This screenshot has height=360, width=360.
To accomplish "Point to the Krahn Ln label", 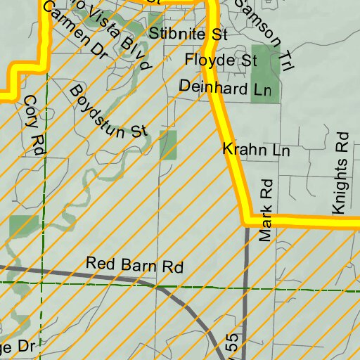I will click(x=256, y=150).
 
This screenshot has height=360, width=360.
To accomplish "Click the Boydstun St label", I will click(x=109, y=111).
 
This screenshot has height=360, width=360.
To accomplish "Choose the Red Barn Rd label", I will click(x=134, y=266).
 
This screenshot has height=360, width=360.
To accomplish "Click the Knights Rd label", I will click(x=341, y=173).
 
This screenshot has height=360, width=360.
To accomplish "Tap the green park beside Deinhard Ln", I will click(x=264, y=73).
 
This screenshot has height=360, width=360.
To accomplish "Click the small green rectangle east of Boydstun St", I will click(x=168, y=145).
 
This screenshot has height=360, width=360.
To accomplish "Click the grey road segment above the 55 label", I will click(x=245, y=281).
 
